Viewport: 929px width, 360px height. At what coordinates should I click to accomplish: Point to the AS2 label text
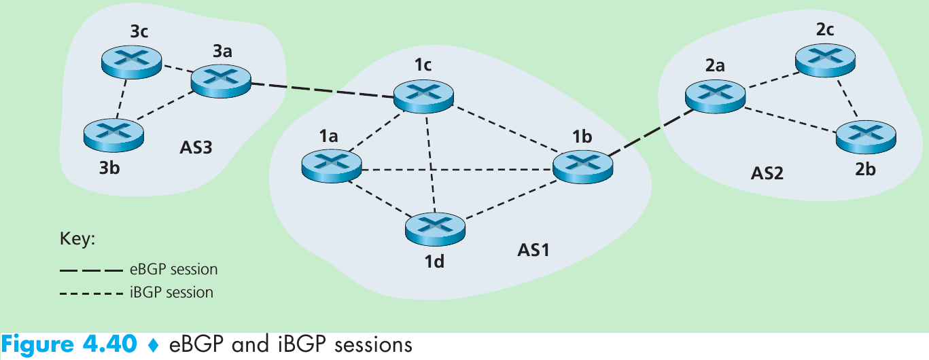pyautogui.click(x=767, y=173)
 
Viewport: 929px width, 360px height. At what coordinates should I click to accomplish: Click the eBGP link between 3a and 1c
pyautogui.click(x=323, y=91)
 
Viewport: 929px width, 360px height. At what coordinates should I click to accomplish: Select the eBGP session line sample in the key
pyautogui.click(x=91, y=270)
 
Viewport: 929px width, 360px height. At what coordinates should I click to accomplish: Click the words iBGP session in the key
pyautogui.click(x=171, y=293)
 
